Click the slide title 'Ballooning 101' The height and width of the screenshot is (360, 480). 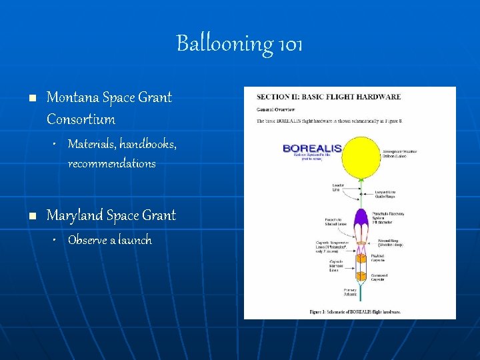[239, 44]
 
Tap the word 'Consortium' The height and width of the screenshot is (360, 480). [81, 120]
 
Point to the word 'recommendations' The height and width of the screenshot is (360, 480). [111, 163]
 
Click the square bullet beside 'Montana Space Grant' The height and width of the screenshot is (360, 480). [31, 98]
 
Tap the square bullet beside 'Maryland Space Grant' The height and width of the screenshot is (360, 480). [31, 216]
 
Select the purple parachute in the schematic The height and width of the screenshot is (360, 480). [361, 217]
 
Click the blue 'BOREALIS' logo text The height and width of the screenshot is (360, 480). [313, 148]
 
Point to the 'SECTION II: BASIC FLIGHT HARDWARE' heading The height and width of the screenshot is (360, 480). [329, 97]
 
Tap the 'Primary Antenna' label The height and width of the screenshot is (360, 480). [333, 292]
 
